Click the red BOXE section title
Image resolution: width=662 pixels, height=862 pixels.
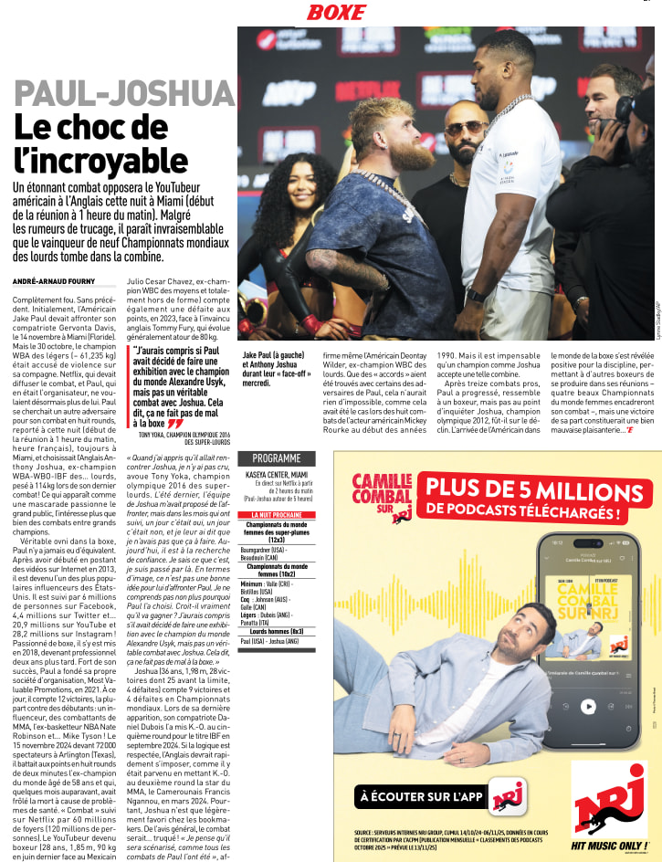click(x=336, y=12)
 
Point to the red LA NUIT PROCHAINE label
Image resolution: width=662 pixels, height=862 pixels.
click(x=276, y=515)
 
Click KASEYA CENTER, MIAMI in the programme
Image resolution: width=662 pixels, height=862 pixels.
click(x=276, y=476)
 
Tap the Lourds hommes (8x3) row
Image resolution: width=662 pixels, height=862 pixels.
click(x=276, y=631)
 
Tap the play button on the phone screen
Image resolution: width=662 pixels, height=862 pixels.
click(x=588, y=706)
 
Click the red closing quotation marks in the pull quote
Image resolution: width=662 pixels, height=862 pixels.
click(x=174, y=424)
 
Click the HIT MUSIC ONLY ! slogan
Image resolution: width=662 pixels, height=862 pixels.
click(x=608, y=846)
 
